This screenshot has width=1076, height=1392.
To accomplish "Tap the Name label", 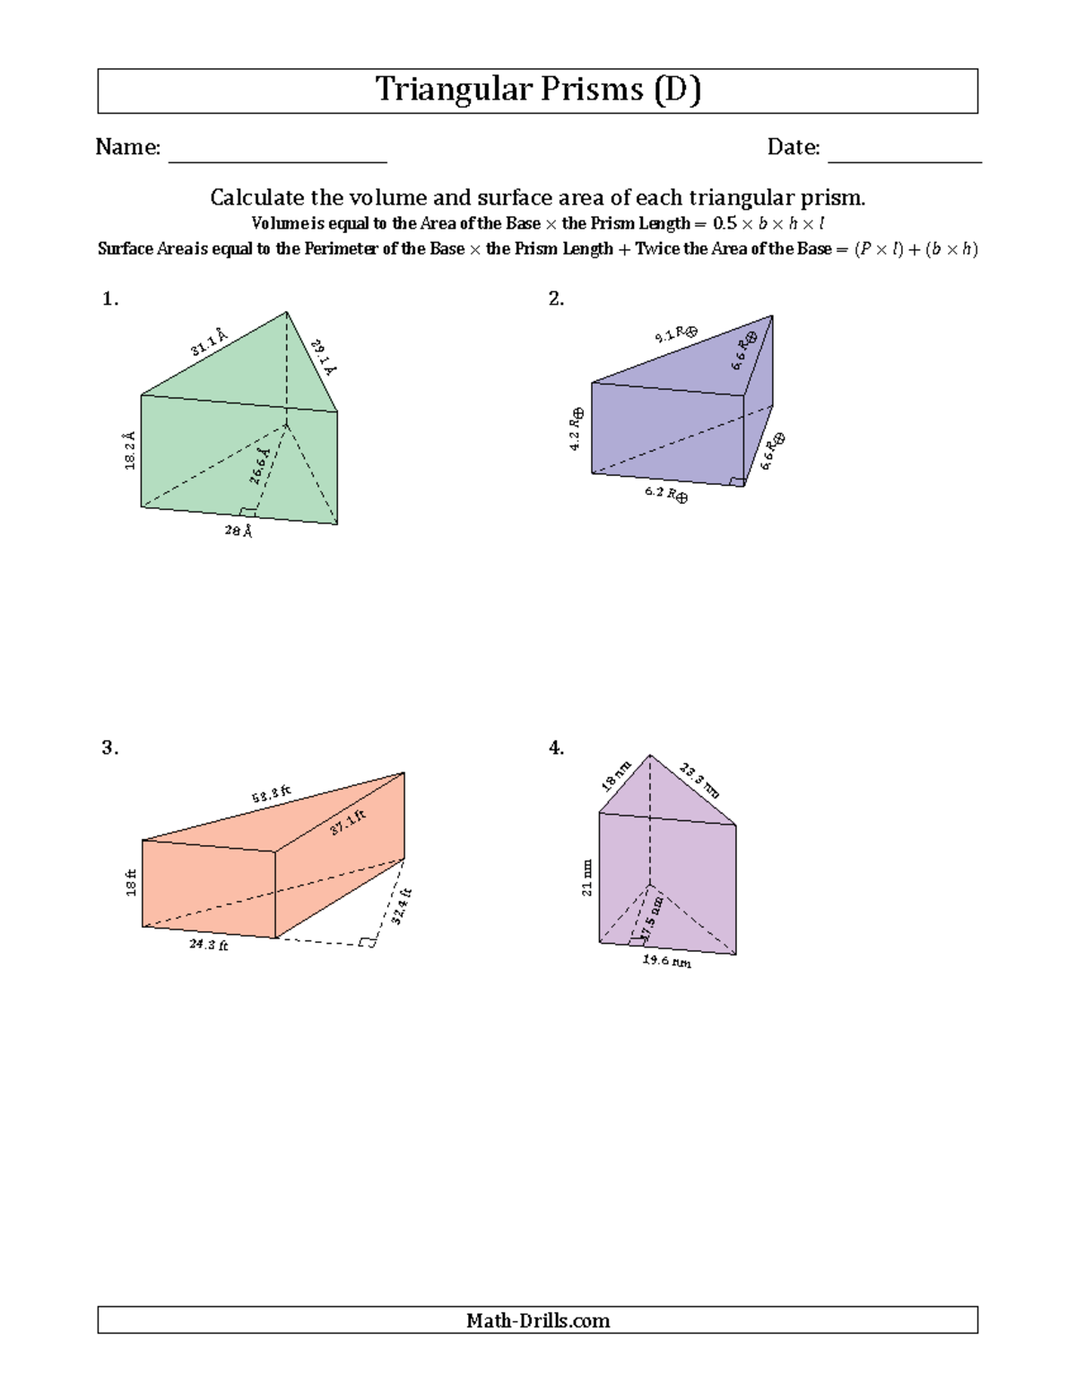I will coord(127,147).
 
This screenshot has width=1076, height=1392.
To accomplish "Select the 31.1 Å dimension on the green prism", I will coord(208,342).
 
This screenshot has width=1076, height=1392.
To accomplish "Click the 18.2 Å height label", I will coord(130,450).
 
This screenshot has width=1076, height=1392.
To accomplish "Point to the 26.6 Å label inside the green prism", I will coord(259,466).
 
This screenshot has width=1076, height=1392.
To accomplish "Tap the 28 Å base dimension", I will coord(238,531).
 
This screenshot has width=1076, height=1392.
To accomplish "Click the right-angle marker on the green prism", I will coord(247,512).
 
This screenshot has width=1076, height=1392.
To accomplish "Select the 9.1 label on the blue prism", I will coord(675,335).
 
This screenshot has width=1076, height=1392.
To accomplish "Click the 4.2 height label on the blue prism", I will coord(576,429).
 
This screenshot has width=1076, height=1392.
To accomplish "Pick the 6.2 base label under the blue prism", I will coord(665,494).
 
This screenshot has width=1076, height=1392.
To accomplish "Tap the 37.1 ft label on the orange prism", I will coord(347,822).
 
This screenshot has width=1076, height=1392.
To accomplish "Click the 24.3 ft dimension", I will coord(208,945).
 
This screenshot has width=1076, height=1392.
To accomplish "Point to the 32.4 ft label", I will coord(400,906).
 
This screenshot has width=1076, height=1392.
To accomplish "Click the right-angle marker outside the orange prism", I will coord(367,942).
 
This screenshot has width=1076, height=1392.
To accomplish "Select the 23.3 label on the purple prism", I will coord(699,779).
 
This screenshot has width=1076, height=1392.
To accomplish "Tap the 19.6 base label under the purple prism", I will coord(666,961).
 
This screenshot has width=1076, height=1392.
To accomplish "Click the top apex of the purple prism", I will coord(650,755).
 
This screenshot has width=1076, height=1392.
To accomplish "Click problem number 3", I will coord(109,748).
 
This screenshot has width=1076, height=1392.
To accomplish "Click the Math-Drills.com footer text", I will coord(538,1320).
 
